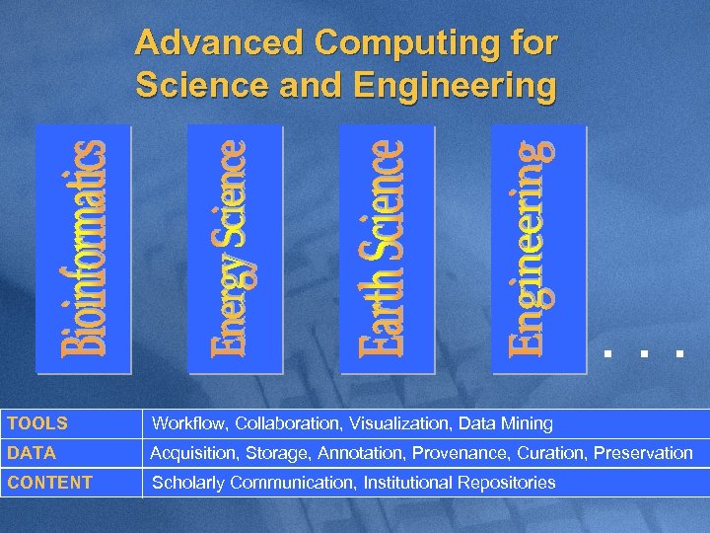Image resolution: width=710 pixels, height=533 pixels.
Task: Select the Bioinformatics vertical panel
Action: [x=84, y=249]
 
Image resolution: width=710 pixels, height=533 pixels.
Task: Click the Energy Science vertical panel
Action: [x=235, y=249]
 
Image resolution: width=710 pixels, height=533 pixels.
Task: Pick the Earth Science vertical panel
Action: [x=387, y=249]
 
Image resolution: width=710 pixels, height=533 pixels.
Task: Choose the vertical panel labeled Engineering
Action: [x=538, y=249]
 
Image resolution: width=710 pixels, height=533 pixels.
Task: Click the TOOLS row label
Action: [x=37, y=423]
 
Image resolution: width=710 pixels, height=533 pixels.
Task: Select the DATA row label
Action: [x=32, y=453]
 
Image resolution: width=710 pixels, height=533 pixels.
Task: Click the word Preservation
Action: [x=645, y=453]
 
